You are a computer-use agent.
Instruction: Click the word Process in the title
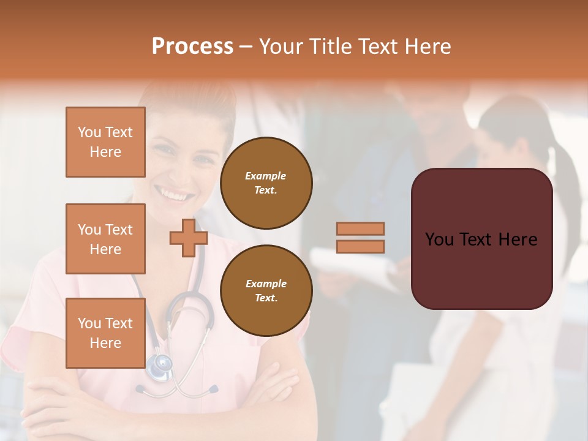pyautogui.click(x=192, y=46)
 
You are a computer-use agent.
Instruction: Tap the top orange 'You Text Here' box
pyautogui.click(x=105, y=142)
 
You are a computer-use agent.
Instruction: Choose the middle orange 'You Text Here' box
pyautogui.click(x=105, y=239)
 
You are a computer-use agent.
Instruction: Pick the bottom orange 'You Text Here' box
pyautogui.click(x=105, y=333)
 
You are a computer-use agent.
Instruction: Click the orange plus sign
pyautogui.click(x=189, y=238)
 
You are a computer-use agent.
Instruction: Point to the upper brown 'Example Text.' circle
pyautogui.click(x=266, y=183)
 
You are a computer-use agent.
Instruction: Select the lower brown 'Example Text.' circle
pyautogui.click(x=266, y=290)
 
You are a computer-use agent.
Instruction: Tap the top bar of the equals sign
pyautogui.click(x=361, y=228)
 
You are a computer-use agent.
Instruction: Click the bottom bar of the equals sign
pyautogui.click(x=361, y=247)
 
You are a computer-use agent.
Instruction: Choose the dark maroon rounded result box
pyautogui.click(x=481, y=269)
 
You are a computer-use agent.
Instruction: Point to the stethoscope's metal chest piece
pyautogui.click(x=160, y=366)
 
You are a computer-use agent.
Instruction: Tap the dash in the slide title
pyautogui.click(x=246, y=47)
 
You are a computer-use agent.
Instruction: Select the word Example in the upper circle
pyautogui.click(x=266, y=176)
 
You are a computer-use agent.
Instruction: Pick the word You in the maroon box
pyautogui.click(x=439, y=239)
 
